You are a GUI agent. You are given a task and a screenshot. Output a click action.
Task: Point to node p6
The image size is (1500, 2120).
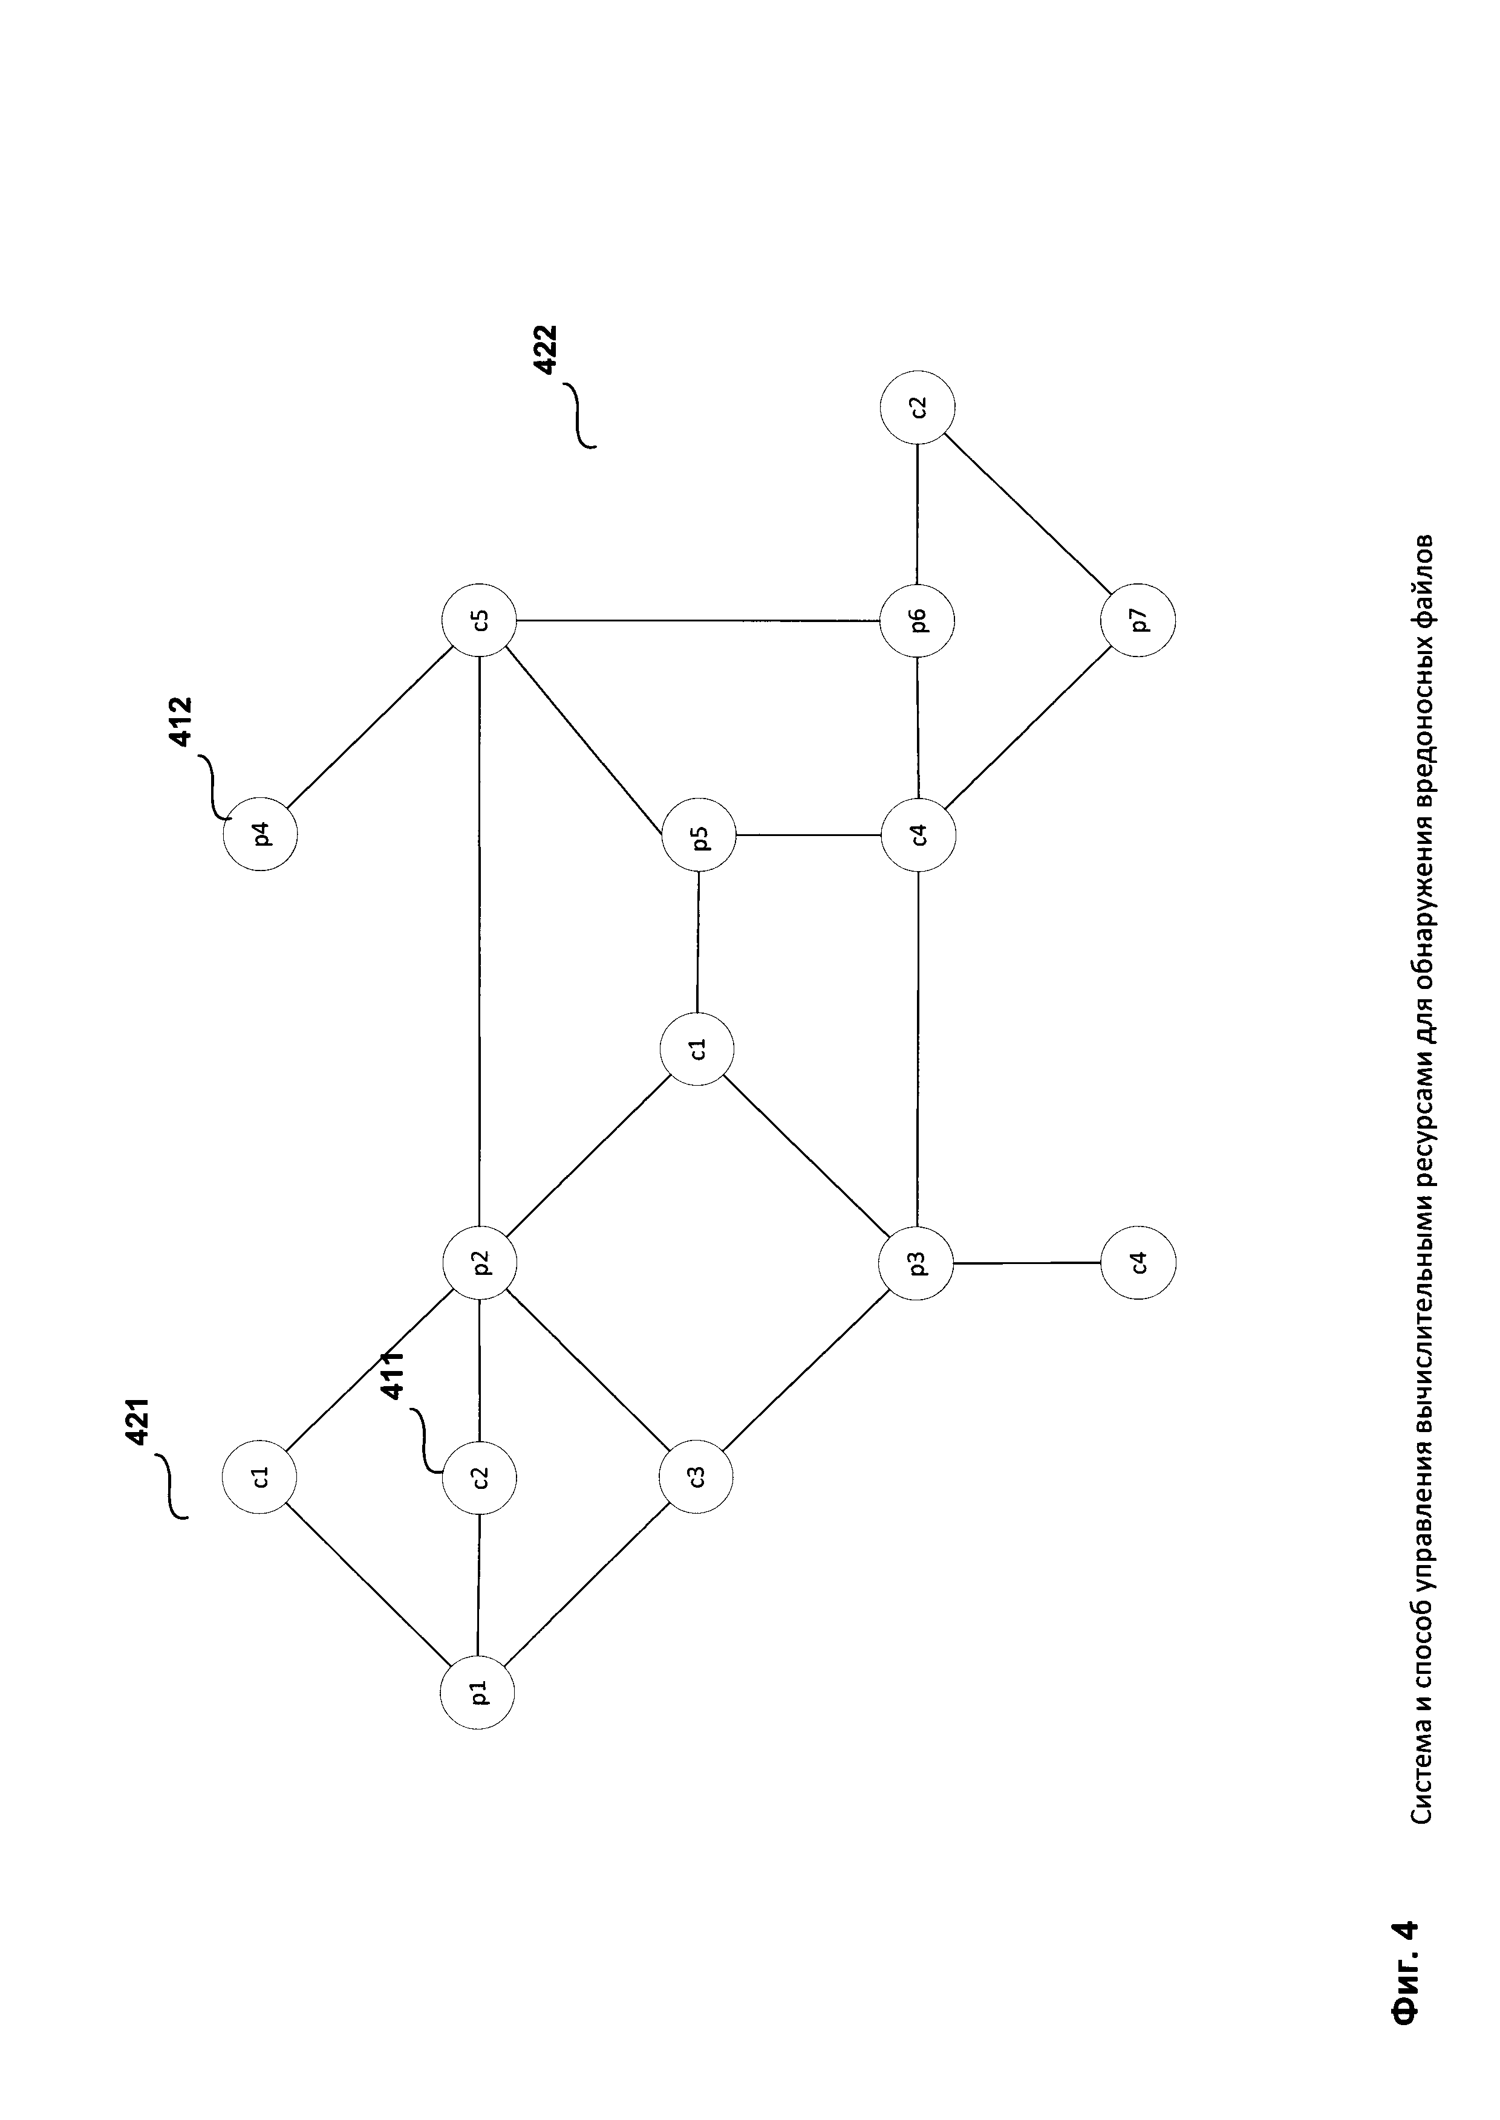click(917, 620)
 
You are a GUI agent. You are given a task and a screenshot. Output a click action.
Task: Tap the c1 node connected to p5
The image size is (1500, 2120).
click(697, 1049)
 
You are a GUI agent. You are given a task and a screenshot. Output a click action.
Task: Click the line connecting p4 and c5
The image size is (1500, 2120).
click(370, 728)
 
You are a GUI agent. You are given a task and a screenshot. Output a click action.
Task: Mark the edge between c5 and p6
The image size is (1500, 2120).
click(697, 620)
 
